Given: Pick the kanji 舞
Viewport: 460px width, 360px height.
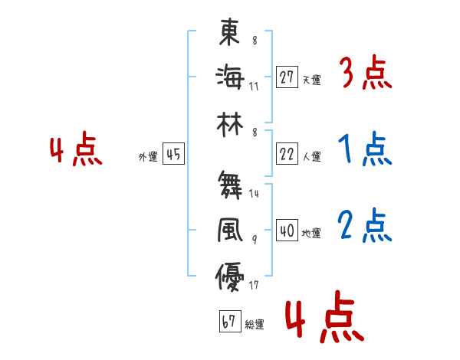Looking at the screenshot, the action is (x=230, y=185).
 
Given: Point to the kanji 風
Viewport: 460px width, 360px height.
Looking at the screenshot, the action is (x=230, y=230).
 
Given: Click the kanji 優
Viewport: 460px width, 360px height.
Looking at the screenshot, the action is (x=230, y=274).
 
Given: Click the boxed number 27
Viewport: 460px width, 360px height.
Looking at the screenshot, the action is (x=287, y=77).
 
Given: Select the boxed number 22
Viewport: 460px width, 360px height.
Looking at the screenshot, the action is (x=287, y=154).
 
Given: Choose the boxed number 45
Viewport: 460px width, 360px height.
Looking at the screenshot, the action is (x=173, y=154).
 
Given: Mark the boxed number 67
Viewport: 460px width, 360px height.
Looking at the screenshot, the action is (x=229, y=322).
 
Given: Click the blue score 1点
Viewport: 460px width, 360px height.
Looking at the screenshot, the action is (x=365, y=149).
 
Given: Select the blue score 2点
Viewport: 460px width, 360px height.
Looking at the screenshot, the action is (x=365, y=225).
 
